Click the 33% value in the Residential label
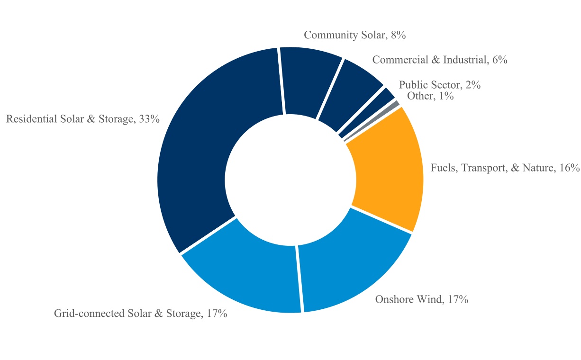click(x=149, y=119)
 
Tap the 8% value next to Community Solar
click(x=399, y=35)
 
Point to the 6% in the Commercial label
click(x=500, y=60)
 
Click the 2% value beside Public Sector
click(x=473, y=85)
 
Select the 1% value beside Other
click(x=446, y=96)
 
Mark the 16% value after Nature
click(x=569, y=168)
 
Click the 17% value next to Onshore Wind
click(x=458, y=299)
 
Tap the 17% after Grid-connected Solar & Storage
click(x=217, y=314)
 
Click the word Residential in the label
click(x=32, y=119)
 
